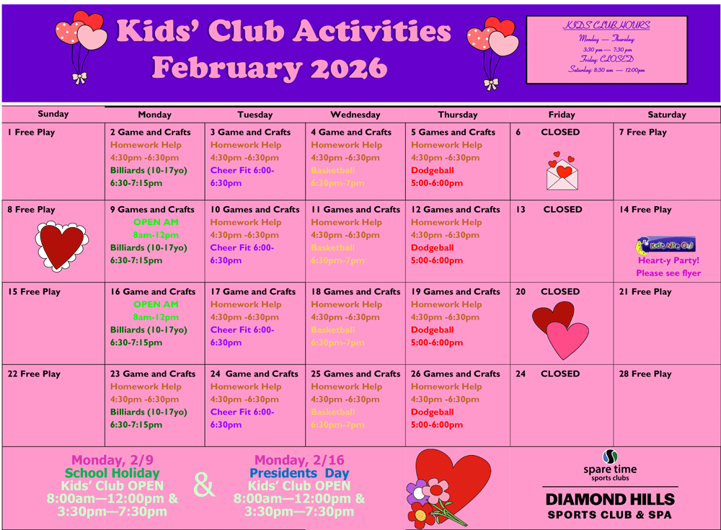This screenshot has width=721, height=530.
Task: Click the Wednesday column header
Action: tap(355, 115)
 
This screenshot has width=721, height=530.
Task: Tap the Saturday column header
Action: tap(667, 115)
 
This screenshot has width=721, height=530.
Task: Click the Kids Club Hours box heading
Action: tap(606, 25)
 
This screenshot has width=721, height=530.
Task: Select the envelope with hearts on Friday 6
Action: tap(562, 171)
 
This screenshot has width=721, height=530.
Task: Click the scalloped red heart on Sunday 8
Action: tap(62, 245)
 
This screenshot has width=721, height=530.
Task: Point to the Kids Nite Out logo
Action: tap(666, 245)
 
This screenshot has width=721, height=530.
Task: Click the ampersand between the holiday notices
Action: tap(204, 486)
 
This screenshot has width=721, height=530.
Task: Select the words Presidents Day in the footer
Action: tap(299, 474)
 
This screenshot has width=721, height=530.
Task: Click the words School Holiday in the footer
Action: tap(112, 474)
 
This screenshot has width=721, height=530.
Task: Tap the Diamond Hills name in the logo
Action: tap(610, 499)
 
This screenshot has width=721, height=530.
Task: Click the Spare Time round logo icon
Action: tap(610, 456)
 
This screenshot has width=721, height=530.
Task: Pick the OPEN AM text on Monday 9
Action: tap(156, 222)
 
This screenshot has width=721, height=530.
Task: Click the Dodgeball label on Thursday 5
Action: tap(433, 171)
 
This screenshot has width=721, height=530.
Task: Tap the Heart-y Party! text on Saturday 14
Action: tap(668, 260)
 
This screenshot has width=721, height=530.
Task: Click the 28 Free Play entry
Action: tap(645, 374)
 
